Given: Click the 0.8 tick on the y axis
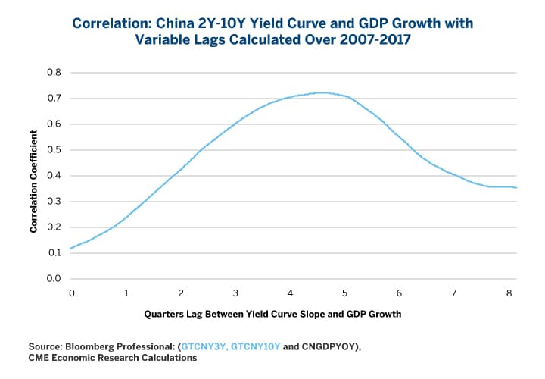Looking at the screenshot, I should coord(54,73).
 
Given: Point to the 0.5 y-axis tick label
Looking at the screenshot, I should coord(54,150).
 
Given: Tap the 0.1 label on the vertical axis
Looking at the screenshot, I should coord(54,253).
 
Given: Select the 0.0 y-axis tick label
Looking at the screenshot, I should coord(54,279).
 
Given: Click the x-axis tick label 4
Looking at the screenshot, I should coord(291,293).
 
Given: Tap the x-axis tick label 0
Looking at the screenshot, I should coord(72,293).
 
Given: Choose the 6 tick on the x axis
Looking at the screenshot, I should coord(400,293).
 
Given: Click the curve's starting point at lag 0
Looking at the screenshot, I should coord(72,248).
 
